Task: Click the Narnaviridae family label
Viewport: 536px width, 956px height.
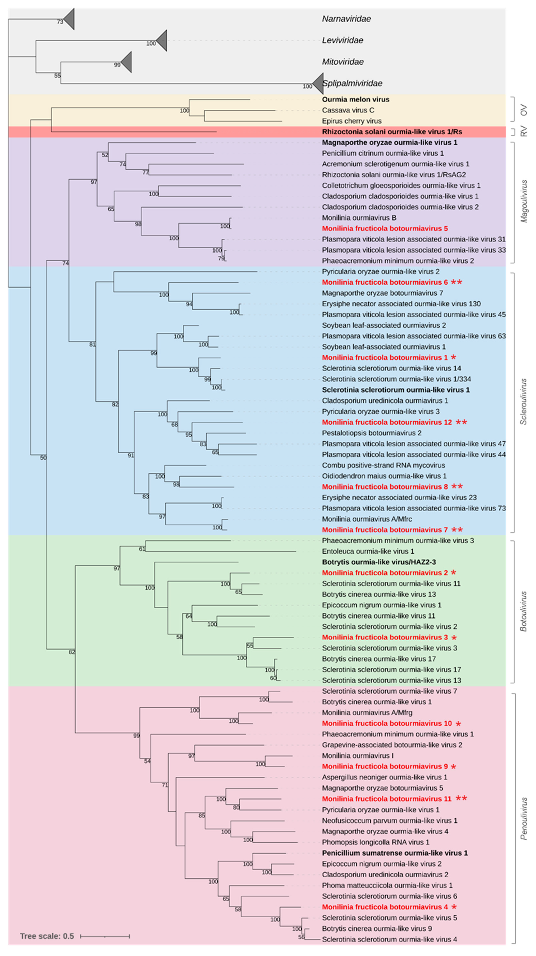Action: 346,19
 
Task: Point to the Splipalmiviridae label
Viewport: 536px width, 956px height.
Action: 352,83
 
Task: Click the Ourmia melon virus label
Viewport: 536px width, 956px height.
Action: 355,99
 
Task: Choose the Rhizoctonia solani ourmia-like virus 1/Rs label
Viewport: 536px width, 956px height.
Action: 392,132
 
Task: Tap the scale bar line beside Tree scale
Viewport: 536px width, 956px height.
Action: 105,936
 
